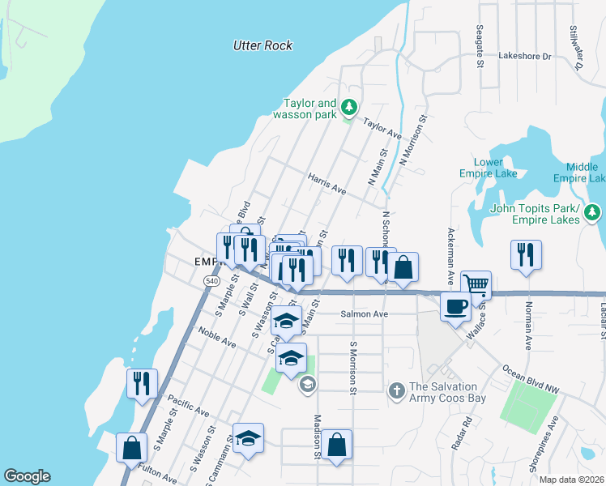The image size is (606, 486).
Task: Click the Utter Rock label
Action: point(262,45)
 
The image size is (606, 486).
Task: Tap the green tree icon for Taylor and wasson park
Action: point(349,107)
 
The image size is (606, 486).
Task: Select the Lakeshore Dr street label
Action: point(524,57)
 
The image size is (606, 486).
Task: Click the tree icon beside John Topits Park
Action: point(593,212)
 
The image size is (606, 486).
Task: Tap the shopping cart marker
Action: point(476,285)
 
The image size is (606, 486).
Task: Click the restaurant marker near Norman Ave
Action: point(526,254)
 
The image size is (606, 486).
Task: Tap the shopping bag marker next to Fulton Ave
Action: point(131,447)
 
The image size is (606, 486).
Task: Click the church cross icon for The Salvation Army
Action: point(396,390)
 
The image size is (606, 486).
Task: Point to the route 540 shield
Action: point(211,280)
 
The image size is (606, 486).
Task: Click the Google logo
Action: point(26,476)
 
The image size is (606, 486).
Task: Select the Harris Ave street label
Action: point(326,183)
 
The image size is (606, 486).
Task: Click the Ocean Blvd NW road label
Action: point(531,379)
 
